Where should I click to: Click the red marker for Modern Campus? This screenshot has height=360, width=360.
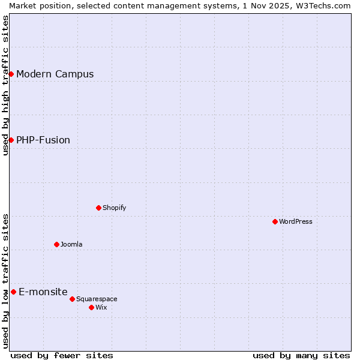11,74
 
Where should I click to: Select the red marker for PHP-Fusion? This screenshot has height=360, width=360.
11,140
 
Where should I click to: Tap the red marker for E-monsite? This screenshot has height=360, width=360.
13,292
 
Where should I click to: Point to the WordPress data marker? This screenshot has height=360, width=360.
275,221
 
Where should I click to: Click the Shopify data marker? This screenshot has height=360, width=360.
98,208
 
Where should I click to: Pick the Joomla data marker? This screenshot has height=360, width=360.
56,244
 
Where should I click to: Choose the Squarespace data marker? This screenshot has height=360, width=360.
72,299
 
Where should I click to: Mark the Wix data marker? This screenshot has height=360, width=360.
91,307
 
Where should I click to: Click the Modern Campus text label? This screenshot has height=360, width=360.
55,74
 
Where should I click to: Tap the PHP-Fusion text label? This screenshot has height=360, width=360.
43,140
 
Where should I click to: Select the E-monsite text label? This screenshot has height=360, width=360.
43,292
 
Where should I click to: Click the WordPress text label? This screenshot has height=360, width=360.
296,222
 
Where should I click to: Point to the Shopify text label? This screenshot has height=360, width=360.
115,208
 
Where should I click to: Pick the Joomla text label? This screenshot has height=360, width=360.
71,245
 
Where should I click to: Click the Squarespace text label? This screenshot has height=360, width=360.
97,299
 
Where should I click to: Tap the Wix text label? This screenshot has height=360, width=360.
101,308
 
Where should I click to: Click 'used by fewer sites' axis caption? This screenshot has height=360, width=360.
62,355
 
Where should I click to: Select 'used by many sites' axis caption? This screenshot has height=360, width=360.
301,355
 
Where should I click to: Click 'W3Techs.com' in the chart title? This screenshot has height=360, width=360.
326,5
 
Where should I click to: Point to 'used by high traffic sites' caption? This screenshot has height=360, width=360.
5,85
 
